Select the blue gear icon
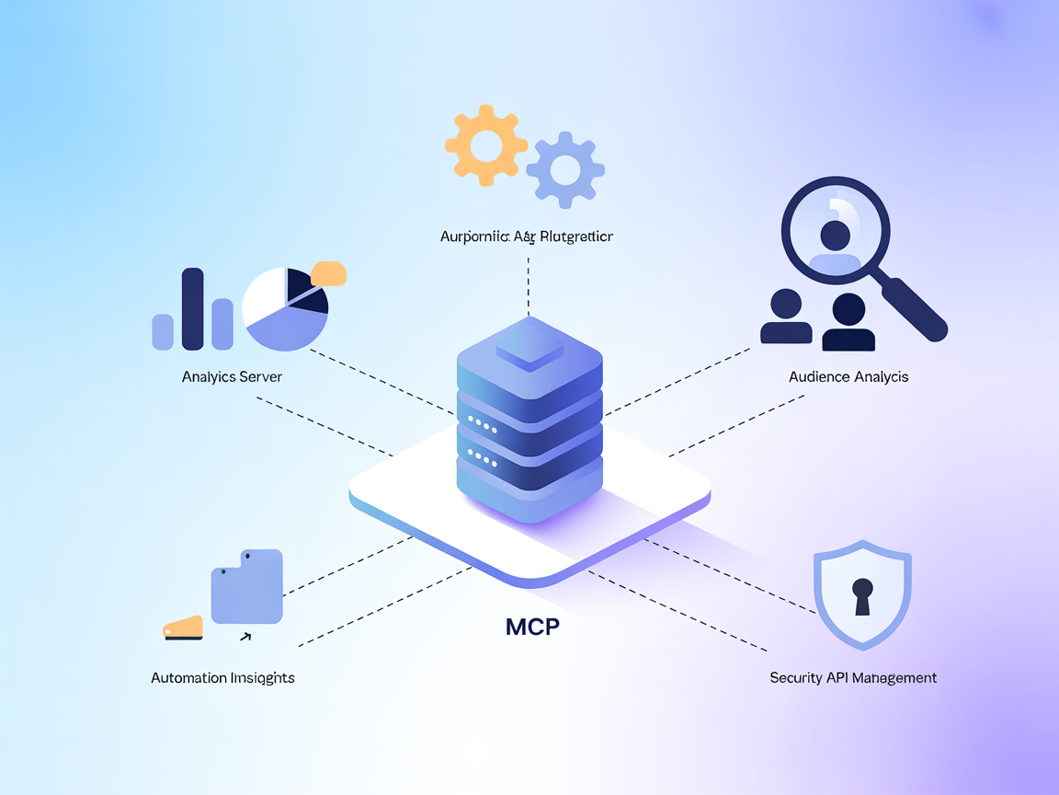pos(564,169)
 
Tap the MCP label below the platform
pos(532,628)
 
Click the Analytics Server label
pos(232,376)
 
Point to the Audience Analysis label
pos(848,376)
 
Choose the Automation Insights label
pos(222,677)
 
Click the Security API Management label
pos(853,677)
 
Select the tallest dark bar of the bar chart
pos(192,309)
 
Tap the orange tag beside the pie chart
pos(328,273)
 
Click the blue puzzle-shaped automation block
pos(246,587)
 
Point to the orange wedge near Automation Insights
pos(183,627)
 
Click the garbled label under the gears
pos(527,236)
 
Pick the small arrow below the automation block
pos(245,635)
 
